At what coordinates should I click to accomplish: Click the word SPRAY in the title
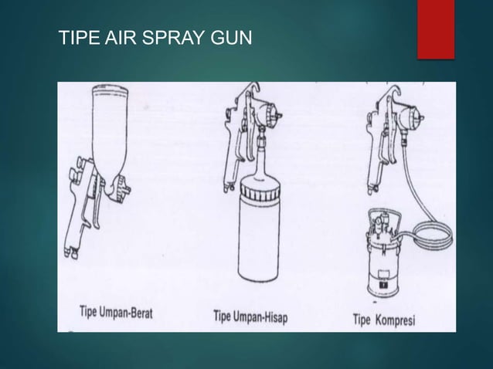[x=173, y=37]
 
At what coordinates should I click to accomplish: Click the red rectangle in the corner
[x=436, y=29]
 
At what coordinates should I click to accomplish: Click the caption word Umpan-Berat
[x=126, y=313]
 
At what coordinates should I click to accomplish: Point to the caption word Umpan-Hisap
[x=260, y=317]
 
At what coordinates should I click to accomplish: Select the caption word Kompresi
[x=395, y=320]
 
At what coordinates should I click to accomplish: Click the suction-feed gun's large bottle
[x=258, y=232]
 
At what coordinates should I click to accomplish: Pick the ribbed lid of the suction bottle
[x=259, y=191]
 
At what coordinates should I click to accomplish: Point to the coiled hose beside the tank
[x=432, y=233]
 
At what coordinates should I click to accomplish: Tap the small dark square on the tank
[x=383, y=285]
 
